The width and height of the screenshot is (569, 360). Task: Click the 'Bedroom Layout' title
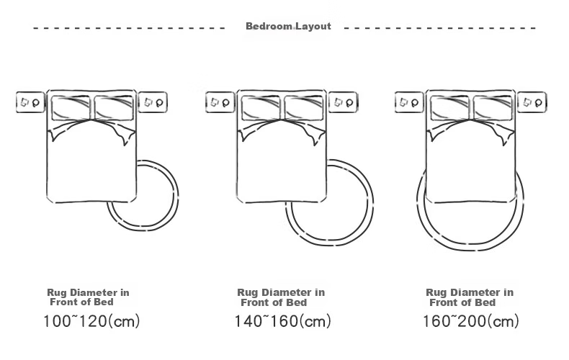[288, 26]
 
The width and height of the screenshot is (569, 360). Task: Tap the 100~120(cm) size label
[91, 321]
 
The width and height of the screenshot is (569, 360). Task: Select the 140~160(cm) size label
[282, 321]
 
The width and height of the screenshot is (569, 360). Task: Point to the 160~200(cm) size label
[470, 321]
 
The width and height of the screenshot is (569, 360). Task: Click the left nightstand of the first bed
[30, 102]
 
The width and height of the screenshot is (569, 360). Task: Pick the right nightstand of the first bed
[153, 102]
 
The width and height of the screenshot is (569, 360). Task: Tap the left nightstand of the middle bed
[220, 102]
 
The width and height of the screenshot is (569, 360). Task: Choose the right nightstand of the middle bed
[343, 102]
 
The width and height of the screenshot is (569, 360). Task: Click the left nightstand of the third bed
[409, 102]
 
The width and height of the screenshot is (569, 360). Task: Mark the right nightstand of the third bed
[532, 102]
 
